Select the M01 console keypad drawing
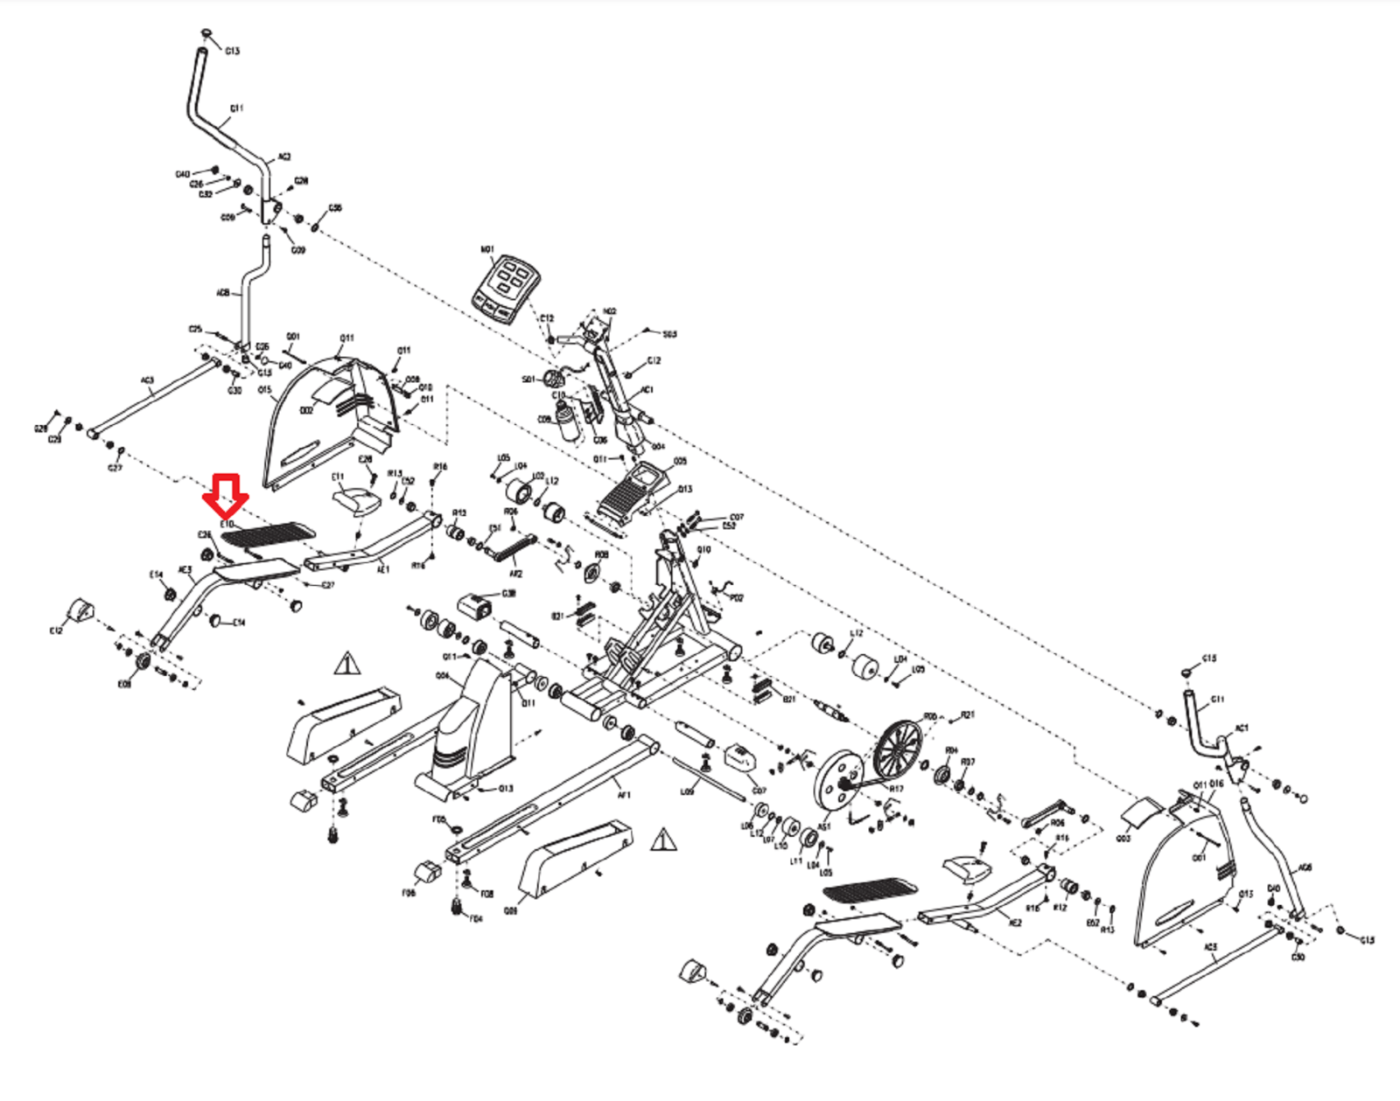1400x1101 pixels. pyautogui.click(x=505, y=289)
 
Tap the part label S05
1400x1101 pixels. pyautogui.click(x=669, y=334)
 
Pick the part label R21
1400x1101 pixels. pyautogui.click(x=968, y=715)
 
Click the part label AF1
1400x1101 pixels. pyautogui.click(x=624, y=795)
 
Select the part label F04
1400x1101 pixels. pyautogui.click(x=476, y=919)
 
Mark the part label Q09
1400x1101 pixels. pyautogui.click(x=511, y=910)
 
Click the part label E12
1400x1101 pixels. pyautogui.click(x=57, y=631)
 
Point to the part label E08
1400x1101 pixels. pyautogui.click(x=124, y=684)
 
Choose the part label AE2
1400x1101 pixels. pyautogui.click(x=1015, y=923)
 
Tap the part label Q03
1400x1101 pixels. pyautogui.click(x=1123, y=839)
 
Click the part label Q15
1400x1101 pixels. pyautogui.click(x=265, y=390)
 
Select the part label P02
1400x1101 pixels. pyautogui.click(x=737, y=598)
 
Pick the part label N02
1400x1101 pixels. pyautogui.click(x=610, y=311)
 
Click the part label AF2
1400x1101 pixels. pyautogui.click(x=515, y=574)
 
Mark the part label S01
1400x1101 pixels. pyautogui.click(x=528, y=380)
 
